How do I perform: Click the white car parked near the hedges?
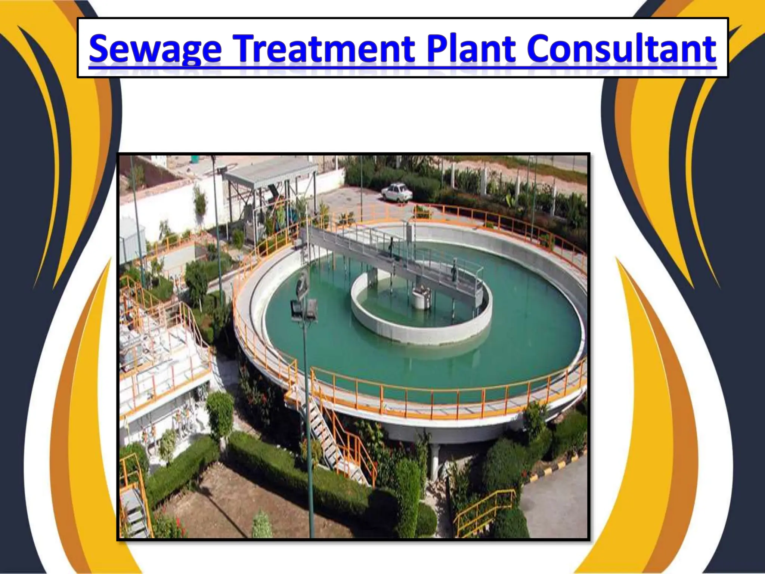click(396, 193)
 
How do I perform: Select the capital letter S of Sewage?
click(101, 49)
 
